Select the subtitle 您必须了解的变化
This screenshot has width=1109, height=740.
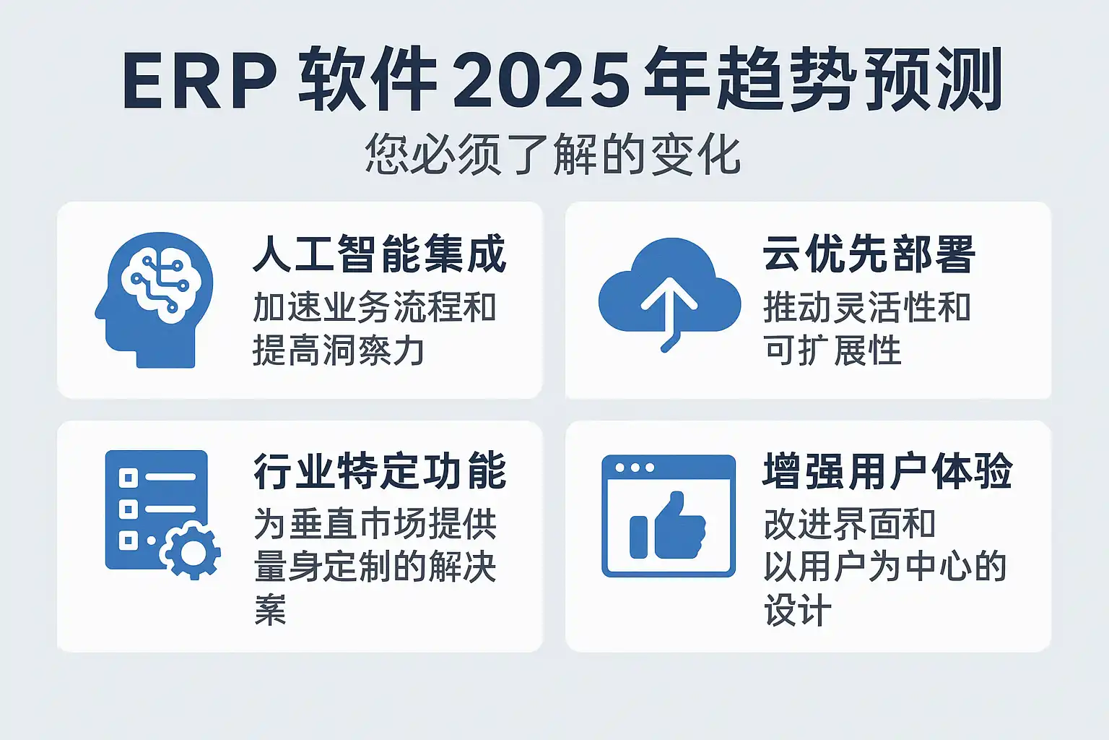click(552, 154)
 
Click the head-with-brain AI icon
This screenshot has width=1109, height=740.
click(154, 300)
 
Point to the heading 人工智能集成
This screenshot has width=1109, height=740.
click(380, 255)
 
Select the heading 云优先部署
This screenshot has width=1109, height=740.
click(869, 254)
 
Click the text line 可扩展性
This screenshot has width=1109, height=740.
click(832, 350)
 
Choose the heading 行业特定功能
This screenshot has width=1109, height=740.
click(380, 471)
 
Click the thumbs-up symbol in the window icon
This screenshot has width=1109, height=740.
click(667, 525)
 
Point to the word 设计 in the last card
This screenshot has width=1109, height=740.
click(798, 610)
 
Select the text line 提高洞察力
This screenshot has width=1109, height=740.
click(339, 350)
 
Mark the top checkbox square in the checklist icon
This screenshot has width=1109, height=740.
click(129, 478)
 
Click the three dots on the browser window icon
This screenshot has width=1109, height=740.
click(634, 468)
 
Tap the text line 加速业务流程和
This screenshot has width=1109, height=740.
click(374, 308)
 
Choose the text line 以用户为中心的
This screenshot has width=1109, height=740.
click(885, 567)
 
